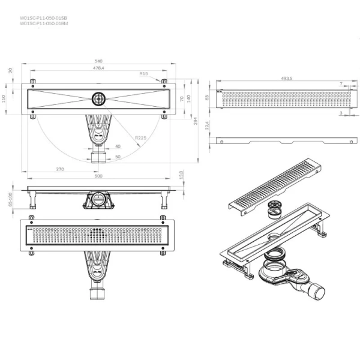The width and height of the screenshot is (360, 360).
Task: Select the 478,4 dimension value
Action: (x=98, y=68)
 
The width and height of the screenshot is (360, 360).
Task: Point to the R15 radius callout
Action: (x=143, y=73)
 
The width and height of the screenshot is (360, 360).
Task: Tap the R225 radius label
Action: (x=141, y=138)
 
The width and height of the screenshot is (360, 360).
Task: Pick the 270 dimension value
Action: (x=60, y=169)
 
